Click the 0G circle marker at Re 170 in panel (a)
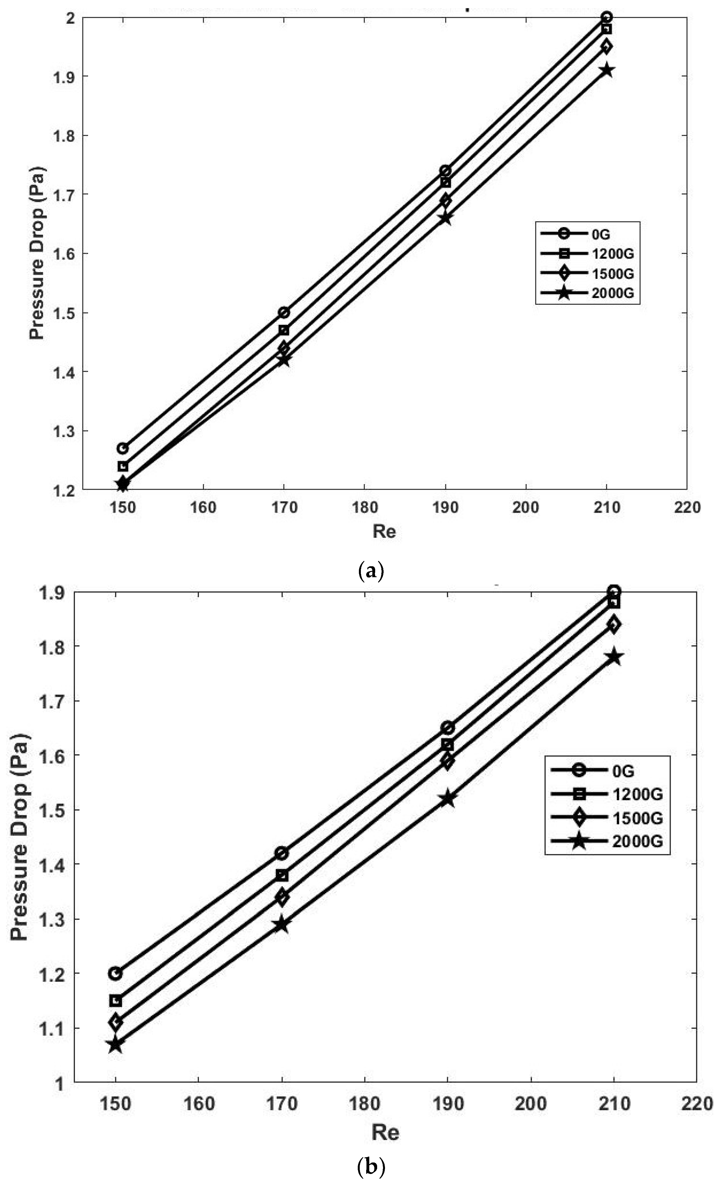[x=284, y=313]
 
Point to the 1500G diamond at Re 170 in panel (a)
[x=284, y=348]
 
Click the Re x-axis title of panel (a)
[x=384, y=531]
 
